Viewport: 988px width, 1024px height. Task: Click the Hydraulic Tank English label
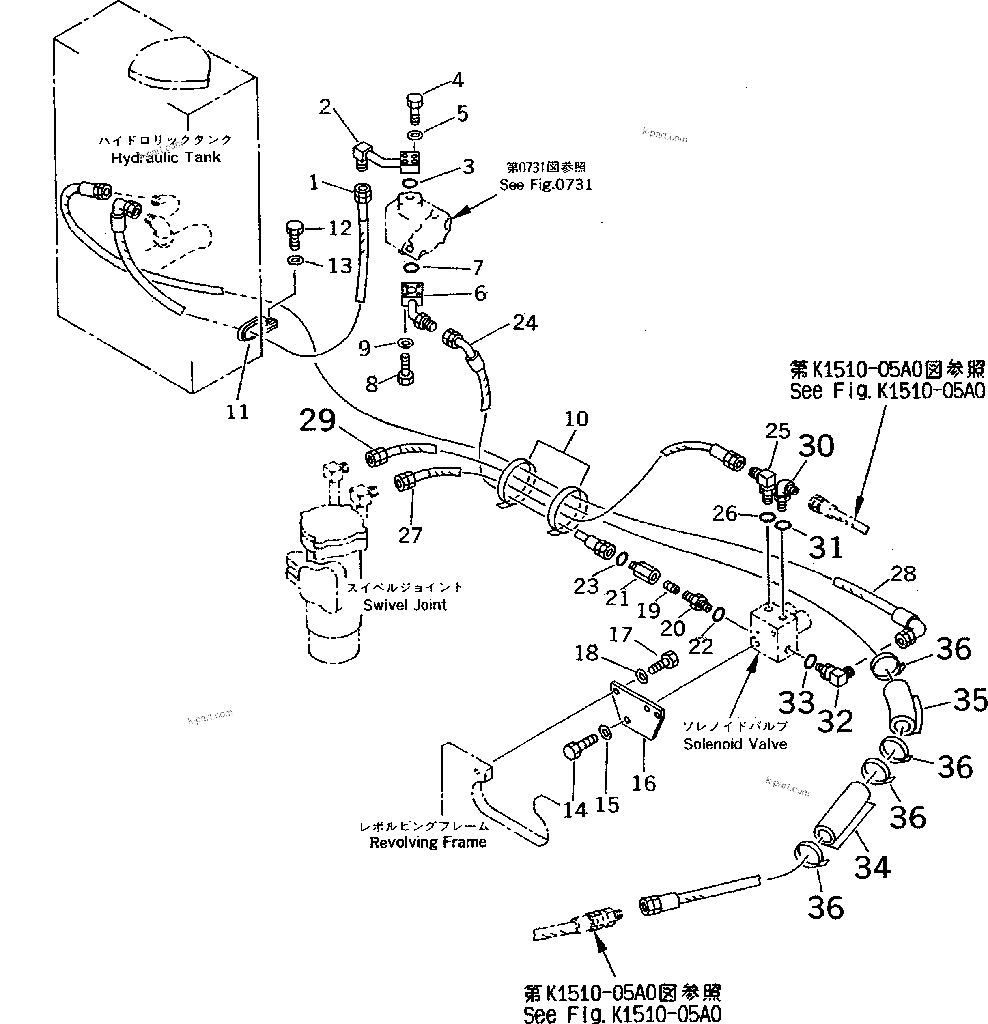[166, 158]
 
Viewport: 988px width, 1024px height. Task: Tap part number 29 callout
[317, 421]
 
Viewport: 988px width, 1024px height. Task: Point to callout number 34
[872, 868]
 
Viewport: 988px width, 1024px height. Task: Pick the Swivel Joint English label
[405, 605]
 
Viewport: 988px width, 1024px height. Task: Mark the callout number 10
[576, 419]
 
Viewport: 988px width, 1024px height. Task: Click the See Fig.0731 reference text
[546, 185]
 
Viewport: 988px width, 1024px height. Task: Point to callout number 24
[525, 323]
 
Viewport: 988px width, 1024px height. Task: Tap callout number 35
[970, 701]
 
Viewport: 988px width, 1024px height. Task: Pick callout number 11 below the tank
[237, 412]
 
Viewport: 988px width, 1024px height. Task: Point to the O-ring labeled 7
[412, 268]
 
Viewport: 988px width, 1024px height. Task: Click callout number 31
[826, 548]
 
